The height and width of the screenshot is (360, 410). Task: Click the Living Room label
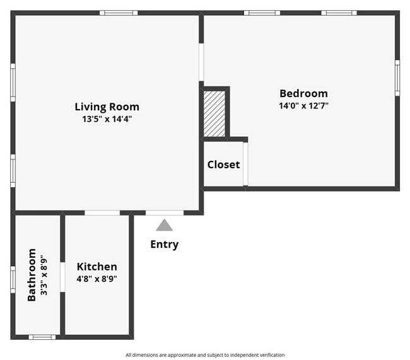coord(107,107)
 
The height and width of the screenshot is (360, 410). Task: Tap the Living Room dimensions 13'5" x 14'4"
coord(107,119)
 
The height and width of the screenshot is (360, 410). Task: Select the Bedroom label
coord(303,93)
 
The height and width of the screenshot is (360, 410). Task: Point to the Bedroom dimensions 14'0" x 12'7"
coord(303,105)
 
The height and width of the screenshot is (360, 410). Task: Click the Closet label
coord(223,165)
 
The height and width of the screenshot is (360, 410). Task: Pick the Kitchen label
coord(97,267)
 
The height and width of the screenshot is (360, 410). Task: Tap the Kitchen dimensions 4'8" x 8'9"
coord(97,278)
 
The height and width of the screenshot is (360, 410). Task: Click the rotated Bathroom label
coord(32,275)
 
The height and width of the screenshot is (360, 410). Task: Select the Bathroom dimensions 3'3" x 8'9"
coord(44,275)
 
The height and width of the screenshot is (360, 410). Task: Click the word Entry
coord(164,245)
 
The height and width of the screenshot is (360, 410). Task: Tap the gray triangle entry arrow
coord(164,225)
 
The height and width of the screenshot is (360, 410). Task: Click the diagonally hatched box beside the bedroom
coord(214,113)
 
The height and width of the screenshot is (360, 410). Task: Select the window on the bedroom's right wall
coord(397,78)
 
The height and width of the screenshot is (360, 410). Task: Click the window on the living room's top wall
coord(118,13)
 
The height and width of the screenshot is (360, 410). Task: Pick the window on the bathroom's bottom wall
coord(42,337)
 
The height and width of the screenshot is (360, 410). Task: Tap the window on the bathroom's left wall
coord(13,279)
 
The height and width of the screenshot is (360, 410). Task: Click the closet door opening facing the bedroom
coord(245,165)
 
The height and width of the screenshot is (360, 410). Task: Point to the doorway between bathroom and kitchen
coord(62,277)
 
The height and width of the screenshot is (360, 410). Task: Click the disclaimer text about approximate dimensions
coord(204,355)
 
